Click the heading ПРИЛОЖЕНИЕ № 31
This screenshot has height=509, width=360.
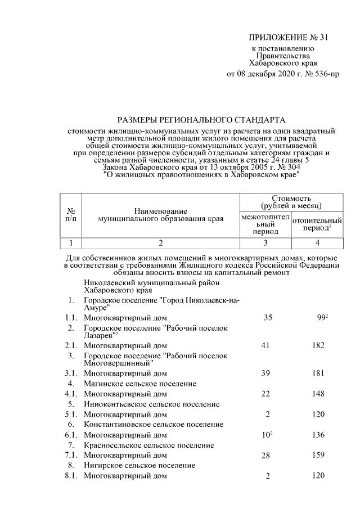click(x=287, y=38)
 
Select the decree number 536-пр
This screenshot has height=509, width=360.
click(x=324, y=73)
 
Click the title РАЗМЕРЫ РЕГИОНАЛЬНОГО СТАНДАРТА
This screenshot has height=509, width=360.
click(x=201, y=120)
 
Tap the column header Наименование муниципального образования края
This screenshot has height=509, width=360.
click(x=160, y=214)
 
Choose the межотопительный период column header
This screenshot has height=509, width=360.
click(x=265, y=224)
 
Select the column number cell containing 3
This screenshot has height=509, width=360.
click(x=265, y=243)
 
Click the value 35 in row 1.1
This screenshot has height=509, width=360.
click(x=267, y=318)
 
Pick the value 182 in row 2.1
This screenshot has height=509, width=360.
click(x=318, y=345)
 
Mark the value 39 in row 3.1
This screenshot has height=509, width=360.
click(x=267, y=373)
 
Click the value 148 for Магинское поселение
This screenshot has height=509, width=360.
click(x=318, y=394)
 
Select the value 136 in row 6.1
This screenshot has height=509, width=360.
click(x=318, y=435)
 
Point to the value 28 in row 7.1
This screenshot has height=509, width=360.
click(x=267, y=455)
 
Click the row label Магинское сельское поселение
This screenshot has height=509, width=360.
click(x=139, y=384)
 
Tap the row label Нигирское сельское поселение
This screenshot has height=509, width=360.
click(x=139, y=466)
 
